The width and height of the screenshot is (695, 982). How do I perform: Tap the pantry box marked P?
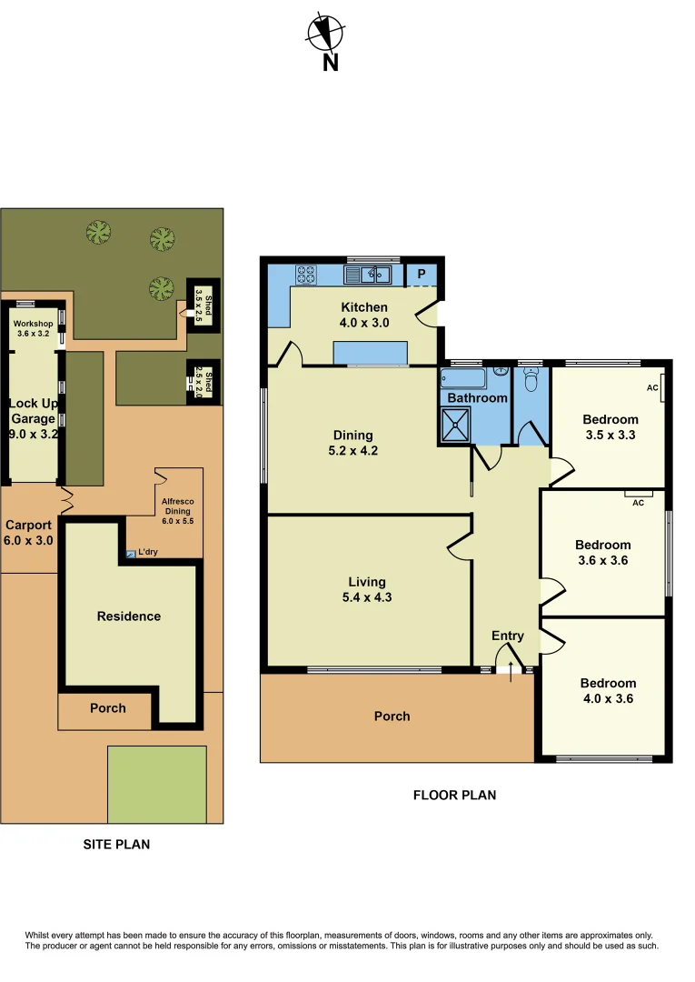422,273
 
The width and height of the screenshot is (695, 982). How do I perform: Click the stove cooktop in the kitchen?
305,273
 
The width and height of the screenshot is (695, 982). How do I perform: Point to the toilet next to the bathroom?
531,375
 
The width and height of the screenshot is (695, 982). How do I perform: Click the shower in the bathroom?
456,425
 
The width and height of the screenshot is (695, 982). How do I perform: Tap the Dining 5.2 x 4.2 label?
352,443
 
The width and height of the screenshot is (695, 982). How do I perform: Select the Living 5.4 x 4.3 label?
367,589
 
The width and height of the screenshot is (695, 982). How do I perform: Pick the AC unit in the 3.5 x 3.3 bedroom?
662,388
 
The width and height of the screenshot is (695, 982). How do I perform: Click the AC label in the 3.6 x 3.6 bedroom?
638,501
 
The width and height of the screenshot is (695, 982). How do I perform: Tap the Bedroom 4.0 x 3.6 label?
608,691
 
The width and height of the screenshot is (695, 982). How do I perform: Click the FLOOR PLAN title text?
454,795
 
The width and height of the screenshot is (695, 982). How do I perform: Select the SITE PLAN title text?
116,844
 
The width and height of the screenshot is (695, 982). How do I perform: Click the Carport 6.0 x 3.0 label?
30,533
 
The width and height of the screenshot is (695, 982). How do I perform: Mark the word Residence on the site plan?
129,616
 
